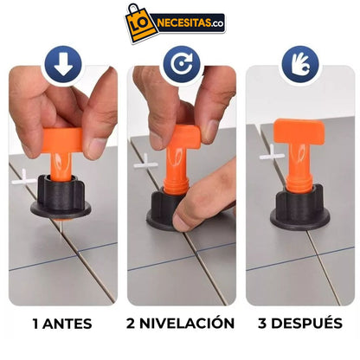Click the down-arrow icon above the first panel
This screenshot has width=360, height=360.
(x=63, y=63)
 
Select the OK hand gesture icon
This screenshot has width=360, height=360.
(x=298, y=63)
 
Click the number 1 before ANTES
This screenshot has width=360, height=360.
(x=35, y=324)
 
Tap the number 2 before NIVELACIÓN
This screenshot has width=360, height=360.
(x=132, y=324)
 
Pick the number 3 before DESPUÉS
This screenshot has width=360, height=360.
(x=266, y=324)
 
